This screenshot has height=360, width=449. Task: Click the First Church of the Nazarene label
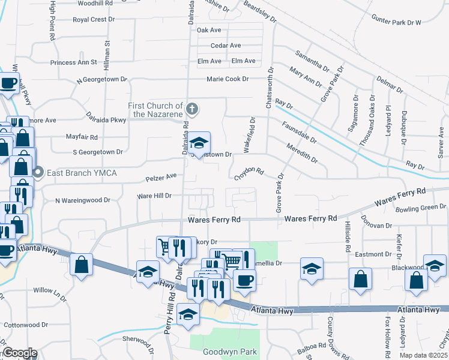155,110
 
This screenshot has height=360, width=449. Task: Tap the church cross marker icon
191,109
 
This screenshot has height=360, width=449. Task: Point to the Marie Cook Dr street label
228,79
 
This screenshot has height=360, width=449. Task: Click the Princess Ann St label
74,62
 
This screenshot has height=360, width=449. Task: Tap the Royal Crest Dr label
94,19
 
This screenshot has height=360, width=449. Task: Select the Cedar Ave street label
226,46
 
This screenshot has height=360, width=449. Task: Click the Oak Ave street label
209,30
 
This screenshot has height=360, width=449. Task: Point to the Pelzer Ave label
161,176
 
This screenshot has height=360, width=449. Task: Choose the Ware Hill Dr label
155,196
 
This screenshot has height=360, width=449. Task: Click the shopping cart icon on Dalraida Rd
166,245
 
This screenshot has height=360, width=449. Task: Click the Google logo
19,353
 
